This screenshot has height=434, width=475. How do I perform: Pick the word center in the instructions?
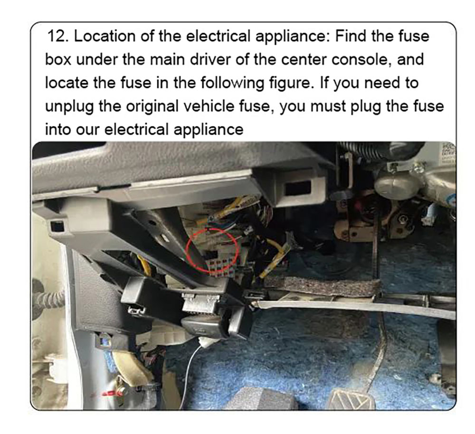[x=304, y=60]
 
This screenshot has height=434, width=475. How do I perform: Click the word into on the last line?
[x=58, y=130]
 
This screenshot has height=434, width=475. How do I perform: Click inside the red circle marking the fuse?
[x=211, y=250]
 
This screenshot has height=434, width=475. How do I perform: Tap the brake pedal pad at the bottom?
[x=351, y=399]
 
